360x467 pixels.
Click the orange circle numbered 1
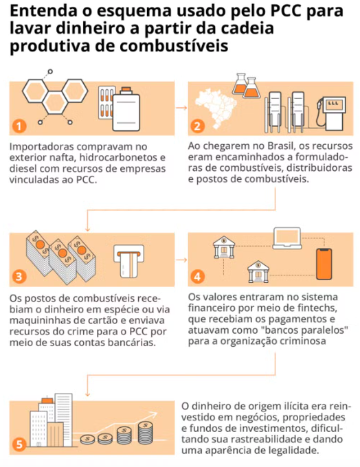(x=19, y=126)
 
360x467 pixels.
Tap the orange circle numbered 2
(x=197, y=126)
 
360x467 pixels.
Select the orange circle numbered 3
(x=19, y=277)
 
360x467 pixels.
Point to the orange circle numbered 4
(x=197, y=277)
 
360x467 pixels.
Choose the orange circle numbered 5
(x=19, y=444)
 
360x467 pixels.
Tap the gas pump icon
(x=331, y=113)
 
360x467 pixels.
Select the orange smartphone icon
(x=324, y=264)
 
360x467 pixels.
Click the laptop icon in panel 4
(x=287, y=238)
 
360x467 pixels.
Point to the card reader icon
(x=128, y=261)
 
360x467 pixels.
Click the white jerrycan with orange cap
(x=126, y=109)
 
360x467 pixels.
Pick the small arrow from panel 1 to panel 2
(x=181, y=108)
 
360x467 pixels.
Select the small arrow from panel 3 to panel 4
(x=181, y=260)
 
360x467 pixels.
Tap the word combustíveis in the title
(x=174, y=46)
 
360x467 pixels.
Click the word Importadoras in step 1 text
(x=41, y=147)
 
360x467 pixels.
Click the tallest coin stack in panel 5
(x=146, y=433)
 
